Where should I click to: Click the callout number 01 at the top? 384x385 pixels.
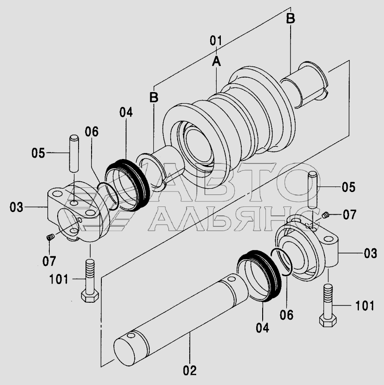[216, 40]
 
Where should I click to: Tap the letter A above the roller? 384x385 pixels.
[216, 61]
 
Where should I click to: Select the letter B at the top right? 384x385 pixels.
[291, 19]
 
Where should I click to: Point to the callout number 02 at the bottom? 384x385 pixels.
[190, 371]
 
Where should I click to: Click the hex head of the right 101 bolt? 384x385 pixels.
[328, 321]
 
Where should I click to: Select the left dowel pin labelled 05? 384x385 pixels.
[73, 153]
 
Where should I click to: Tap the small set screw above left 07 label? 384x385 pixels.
[50, 238]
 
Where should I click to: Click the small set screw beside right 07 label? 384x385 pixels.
[325, 215]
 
